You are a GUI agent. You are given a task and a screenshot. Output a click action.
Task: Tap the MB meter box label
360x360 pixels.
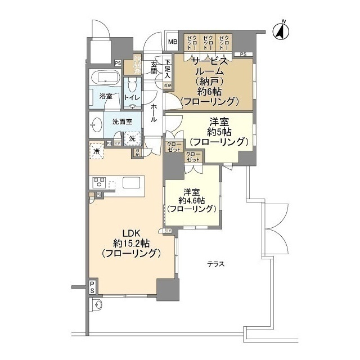pos(172,42)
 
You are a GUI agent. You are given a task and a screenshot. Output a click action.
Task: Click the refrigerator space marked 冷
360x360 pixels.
pos(97,150)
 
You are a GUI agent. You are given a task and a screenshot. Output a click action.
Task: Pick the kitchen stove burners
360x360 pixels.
pos(100,182)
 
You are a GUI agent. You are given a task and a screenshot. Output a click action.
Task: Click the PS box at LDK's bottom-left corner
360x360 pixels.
pos(92,287)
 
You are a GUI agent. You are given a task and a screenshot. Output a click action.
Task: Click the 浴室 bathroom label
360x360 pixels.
pos(105,96)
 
